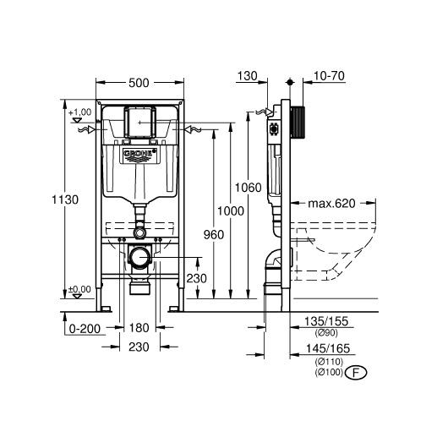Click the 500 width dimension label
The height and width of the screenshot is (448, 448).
coord(139,83)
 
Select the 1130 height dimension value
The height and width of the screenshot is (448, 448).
coord(65,199)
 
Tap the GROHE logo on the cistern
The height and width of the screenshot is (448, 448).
coord(139,155)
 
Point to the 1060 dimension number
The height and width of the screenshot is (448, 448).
coord(248,188)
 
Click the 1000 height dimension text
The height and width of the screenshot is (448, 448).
coord(231,211)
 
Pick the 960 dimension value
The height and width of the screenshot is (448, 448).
coord(214,235)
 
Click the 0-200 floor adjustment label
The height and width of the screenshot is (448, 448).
coord(85,329)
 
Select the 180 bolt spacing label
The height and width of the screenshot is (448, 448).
coord(139,328)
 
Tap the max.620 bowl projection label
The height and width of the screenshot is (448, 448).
coord(331,204)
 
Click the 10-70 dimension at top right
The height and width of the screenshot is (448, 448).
coord(329,76)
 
